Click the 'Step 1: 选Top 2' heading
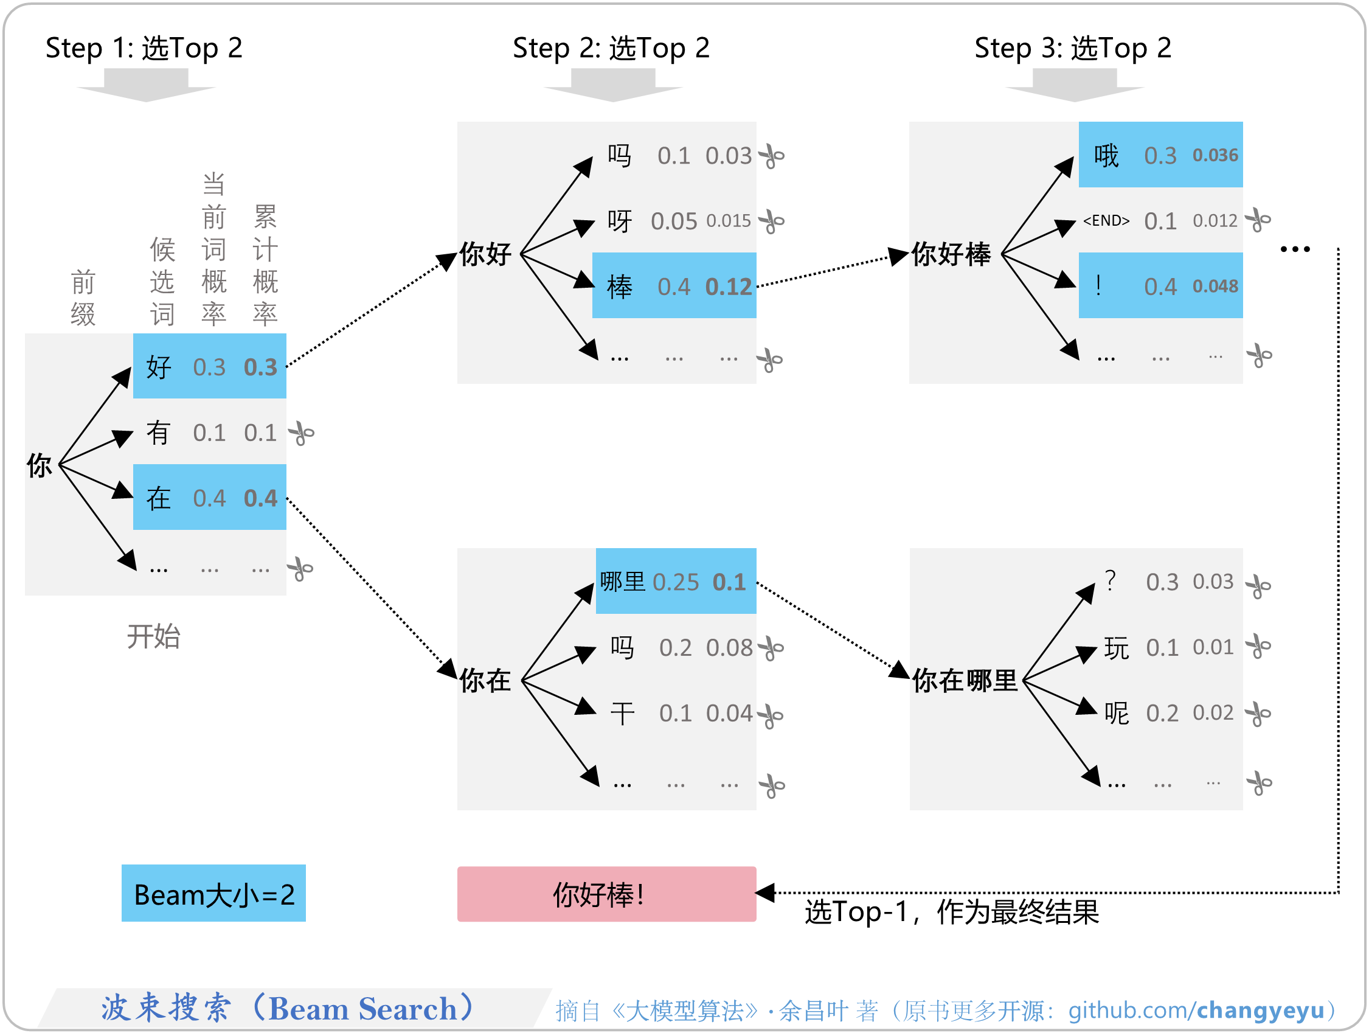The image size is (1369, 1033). pyautogui.click(x=144, y=48)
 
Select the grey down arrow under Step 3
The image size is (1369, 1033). pyautogui.click(x=1075, y=85)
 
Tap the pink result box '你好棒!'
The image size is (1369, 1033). pyautogui.click(x=606, y=894)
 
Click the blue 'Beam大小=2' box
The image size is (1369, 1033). pyautogui.click(x=213, y=893)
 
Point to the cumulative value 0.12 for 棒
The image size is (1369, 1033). pyautogui.click(x=729, y=287)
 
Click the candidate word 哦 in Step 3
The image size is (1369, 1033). pyautogui.click(x=1106, y=155)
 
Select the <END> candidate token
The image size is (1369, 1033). pyautogui.click(x=1106, y=220)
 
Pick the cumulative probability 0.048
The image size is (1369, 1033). pyautogui.click(x=1215, y=286)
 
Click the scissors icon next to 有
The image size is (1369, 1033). pyautogui.click(x=302, y=433)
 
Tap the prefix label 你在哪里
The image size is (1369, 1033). pyautogui.click(x=965, y=680)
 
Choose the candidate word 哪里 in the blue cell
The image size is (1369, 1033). pyautogui.click(x=622, y=582)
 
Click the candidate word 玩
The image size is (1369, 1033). pyautogui.click(x=1117, y=647)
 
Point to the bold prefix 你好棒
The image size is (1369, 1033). pyautogui.click(x=951, y=254)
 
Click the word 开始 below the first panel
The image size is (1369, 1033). pyautogui.click(x=153, y=636)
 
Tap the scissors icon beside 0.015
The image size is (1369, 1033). pyautogui.click(x=771, y=221)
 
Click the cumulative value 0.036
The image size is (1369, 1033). pyautogui.click(x=1215, y=155)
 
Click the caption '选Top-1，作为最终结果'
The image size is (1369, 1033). pyautogui.click(x=951, y=912)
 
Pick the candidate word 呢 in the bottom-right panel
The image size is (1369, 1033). pyautogui.click(x=1117, y=713)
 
